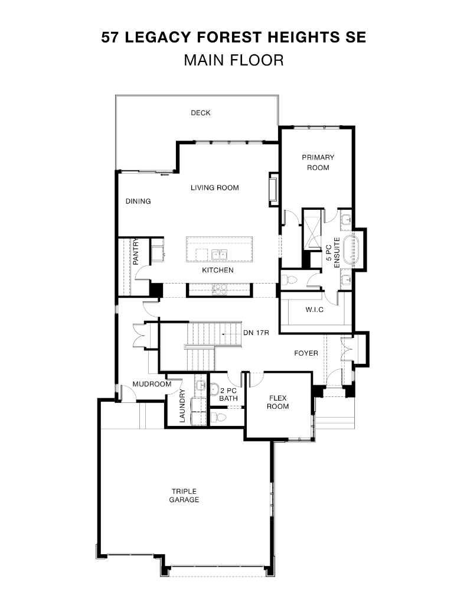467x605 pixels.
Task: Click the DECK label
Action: (200, 113)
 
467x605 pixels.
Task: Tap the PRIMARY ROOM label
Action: (318, 162)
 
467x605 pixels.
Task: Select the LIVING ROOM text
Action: (214, 188)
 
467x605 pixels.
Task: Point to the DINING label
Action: (138, 201)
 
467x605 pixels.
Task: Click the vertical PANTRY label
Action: (135, 251)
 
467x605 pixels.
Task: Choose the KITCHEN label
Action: (218, 270)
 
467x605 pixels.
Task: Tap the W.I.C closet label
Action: (313, 309)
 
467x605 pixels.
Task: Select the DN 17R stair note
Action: (256, 333)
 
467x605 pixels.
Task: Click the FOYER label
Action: (306, 353)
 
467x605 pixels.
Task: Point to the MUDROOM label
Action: (152, 384)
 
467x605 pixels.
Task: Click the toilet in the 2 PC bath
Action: (219, 417)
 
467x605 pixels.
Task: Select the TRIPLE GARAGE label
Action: (185, 495)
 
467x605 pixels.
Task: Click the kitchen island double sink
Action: (220, 255)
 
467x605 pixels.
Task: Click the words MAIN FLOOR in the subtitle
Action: (233, 60)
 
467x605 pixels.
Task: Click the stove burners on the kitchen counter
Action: (219, 289)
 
